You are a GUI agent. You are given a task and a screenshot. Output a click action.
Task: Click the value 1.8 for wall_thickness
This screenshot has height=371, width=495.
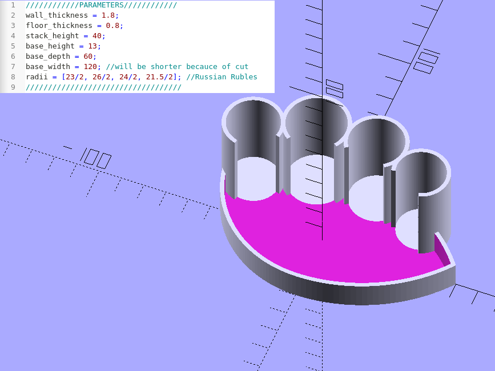point(108,15)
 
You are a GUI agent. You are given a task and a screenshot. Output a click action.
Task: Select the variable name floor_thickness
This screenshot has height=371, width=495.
point(59,26)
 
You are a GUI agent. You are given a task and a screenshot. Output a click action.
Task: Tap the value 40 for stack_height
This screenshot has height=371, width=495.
point(97,35)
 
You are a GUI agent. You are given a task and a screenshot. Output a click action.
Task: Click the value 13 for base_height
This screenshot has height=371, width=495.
point(92,46)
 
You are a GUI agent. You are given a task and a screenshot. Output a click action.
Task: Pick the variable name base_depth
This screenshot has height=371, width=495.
point(48,57)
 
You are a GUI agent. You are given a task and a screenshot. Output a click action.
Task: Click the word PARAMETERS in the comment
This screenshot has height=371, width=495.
point(102,5)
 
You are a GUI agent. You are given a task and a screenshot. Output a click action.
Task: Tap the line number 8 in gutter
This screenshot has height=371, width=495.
point(13,77)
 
